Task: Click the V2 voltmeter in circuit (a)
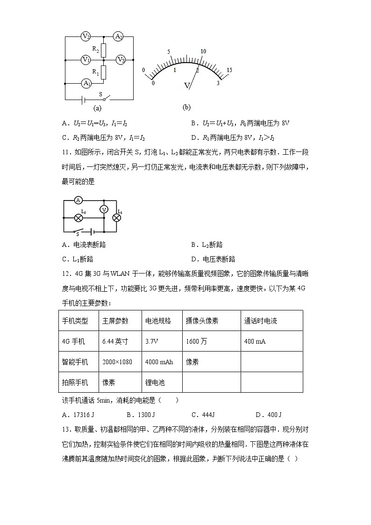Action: click(x=86, y=36)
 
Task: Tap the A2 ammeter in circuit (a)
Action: click(x=119, y=36)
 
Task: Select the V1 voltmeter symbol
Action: click(x=86, y=60)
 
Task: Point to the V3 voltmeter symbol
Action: click(x=121, y=60)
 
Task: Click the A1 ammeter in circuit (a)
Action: click(x=86, y=83)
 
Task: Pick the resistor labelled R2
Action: click(x=104, y=49)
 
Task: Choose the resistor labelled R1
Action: click(x=104, y=72)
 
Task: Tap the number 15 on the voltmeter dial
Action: click(x=229, y=70)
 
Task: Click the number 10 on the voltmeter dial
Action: click(x=203, y=51)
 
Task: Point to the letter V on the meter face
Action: click(x=187, y=86)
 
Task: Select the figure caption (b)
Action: click(x=186, y=107)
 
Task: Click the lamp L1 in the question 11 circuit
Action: click(x=117, y=217)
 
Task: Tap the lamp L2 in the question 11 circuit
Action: click(x=78, y=217)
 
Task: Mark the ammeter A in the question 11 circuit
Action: click(x=78, y=200)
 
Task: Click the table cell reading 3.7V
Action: click(x=152, y=341)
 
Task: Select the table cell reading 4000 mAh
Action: click(x=159, y=362)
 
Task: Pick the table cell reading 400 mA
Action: click(x=255, y=341)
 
